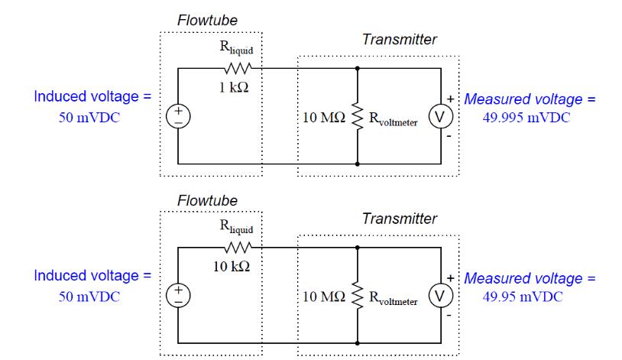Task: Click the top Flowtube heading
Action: point(201,21)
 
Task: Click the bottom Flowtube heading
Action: point(201,201)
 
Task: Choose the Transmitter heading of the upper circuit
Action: point(400,40)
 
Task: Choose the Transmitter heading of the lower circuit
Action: point(400,219)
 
